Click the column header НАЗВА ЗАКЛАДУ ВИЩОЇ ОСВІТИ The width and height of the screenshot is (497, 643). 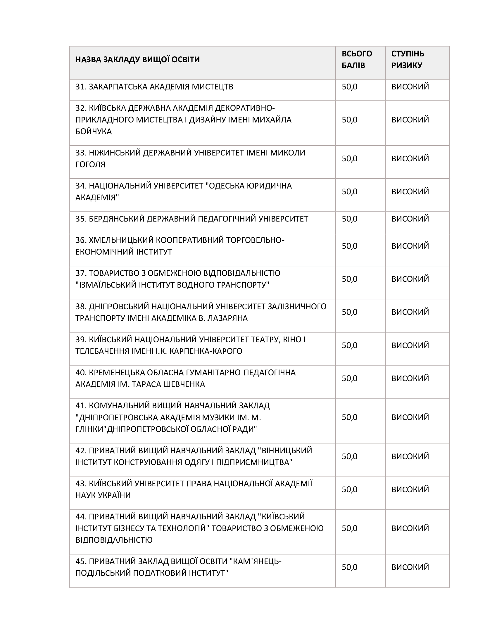coord(137,60)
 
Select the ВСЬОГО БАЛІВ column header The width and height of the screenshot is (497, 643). coord(357,60)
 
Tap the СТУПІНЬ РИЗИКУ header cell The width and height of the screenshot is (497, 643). coord(408,60)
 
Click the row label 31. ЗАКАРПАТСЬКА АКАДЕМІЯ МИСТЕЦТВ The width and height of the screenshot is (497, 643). coord(154,87)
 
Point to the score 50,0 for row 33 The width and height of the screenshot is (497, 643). coord(349,159)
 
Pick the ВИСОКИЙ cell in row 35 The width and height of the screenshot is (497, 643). coord(410,219)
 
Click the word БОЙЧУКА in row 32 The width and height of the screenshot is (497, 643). coord(94,132)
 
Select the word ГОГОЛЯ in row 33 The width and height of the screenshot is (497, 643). coord(90,165)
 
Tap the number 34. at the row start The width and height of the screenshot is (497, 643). coord(81,186)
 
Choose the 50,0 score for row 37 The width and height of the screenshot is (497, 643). coord(349,279)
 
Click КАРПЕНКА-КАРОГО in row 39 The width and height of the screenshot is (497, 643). coord(206,351)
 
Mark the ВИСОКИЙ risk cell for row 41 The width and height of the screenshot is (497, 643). coord(410,417)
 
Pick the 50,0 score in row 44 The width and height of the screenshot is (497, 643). coord(349,528)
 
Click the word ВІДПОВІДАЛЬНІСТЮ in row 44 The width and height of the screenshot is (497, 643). coord(114,540)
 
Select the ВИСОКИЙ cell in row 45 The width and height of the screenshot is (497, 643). coord(410,567)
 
